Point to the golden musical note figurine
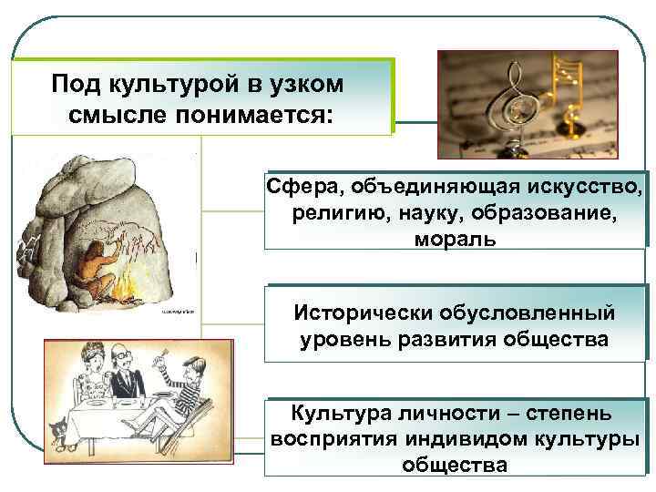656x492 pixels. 572,91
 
